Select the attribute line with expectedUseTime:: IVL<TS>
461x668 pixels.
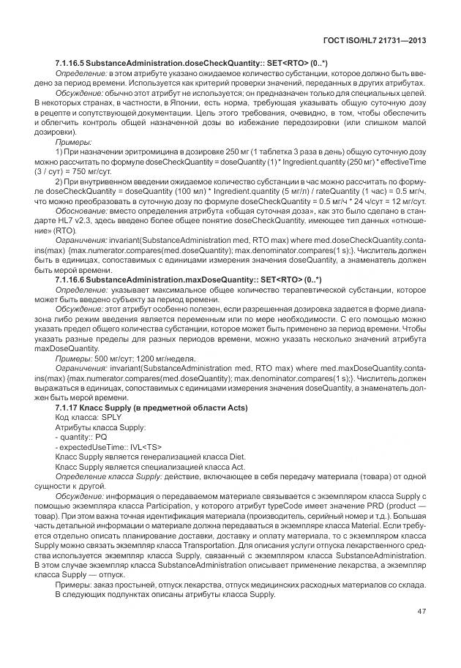tap(108, 446)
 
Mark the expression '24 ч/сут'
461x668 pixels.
tap(360, 198)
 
